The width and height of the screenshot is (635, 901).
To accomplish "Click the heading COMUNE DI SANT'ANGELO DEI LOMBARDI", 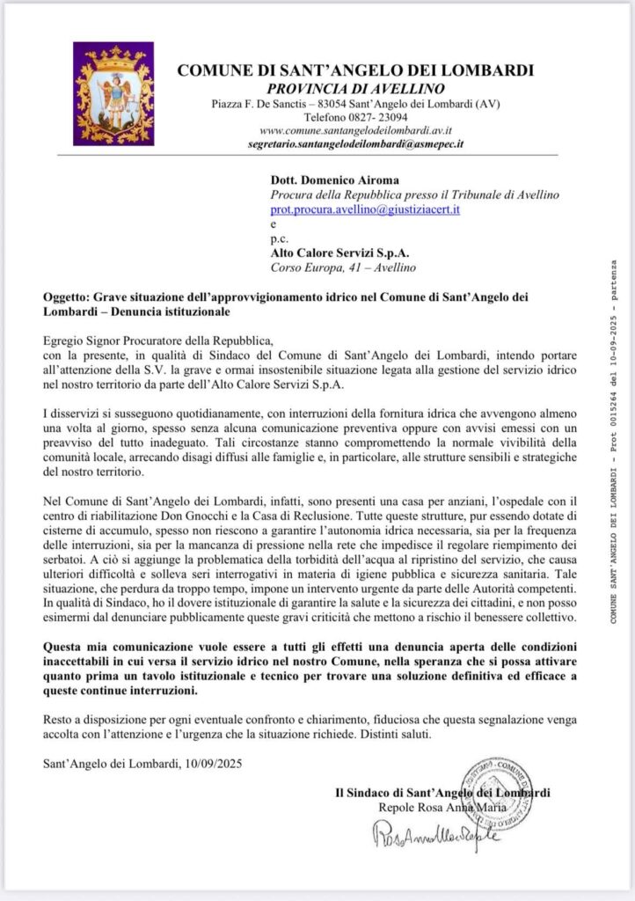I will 355,70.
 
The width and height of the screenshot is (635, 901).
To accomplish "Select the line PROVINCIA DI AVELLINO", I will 356,88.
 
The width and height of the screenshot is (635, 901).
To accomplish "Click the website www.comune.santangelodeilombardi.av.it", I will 356,129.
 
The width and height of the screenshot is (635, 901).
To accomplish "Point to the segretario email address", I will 356,142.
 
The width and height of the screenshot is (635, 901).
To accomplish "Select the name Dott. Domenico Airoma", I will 323,179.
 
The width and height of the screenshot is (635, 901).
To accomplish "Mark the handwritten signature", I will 436,839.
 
